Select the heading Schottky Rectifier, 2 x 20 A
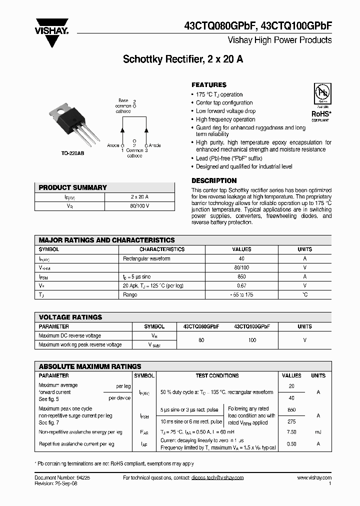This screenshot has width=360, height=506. click(183, 59)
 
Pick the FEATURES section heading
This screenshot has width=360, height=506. click(209, 85)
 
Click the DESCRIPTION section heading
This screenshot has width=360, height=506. click(214, 180)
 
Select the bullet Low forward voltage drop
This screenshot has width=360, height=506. click(225, 111)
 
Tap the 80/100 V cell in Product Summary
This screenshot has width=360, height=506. click(139, 205)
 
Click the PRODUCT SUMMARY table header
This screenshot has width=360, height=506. click(73, 187)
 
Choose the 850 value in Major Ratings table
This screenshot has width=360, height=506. click(242, 276)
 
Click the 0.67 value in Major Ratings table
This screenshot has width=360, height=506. click(242, 285)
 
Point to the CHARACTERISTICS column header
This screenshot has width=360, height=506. click(161, 249)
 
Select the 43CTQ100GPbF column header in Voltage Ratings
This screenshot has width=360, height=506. click(252, 326)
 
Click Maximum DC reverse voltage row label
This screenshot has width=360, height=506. click(69, 335)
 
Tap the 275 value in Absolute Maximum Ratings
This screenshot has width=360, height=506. click(291, 422)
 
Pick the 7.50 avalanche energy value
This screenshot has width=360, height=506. click(291, 431)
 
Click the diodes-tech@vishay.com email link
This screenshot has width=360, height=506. click(217, 477)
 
